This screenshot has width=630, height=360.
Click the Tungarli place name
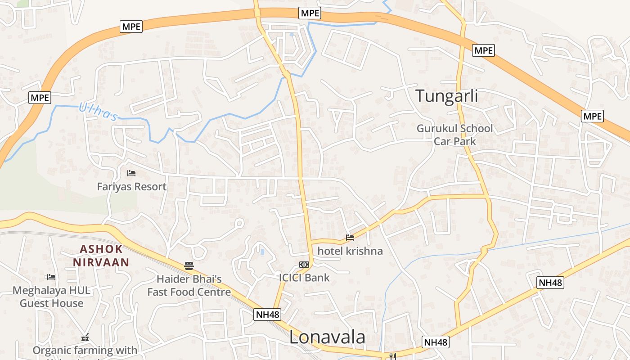click(x=446, y=96)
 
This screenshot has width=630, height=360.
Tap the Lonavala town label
click(x=327, y=337)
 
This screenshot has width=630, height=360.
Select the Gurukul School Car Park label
click(x=454, y=135)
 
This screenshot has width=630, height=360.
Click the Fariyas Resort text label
click(x=132, y=186)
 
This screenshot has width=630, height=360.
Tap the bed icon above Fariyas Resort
click(x=131, y=173)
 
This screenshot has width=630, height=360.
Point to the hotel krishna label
click(x=350, y=251)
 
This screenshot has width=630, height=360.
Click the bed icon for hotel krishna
click(x=350, y=237)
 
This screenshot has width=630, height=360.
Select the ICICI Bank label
click(x=304, y=278)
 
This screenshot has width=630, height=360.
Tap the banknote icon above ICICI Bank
click(x=304, y=265)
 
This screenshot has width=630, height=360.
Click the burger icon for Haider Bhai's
click(x=189, y=265)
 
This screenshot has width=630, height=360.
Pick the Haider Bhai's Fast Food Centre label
click(x=189, y=286)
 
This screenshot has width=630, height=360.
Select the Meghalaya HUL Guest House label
click(x=51, y=297)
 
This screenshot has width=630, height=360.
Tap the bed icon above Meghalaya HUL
click(x=51, y=277)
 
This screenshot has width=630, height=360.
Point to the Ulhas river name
click(x=98, y=112)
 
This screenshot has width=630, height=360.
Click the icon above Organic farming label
click(x=85, y=337)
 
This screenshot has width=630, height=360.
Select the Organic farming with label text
click(x=85, y=350)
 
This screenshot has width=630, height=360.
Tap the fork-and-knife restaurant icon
click(x=392, y=356)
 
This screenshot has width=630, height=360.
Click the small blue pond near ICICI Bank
click(x=262, y=251)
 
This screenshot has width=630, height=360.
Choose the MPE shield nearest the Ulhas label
click(x=40, y=97)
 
